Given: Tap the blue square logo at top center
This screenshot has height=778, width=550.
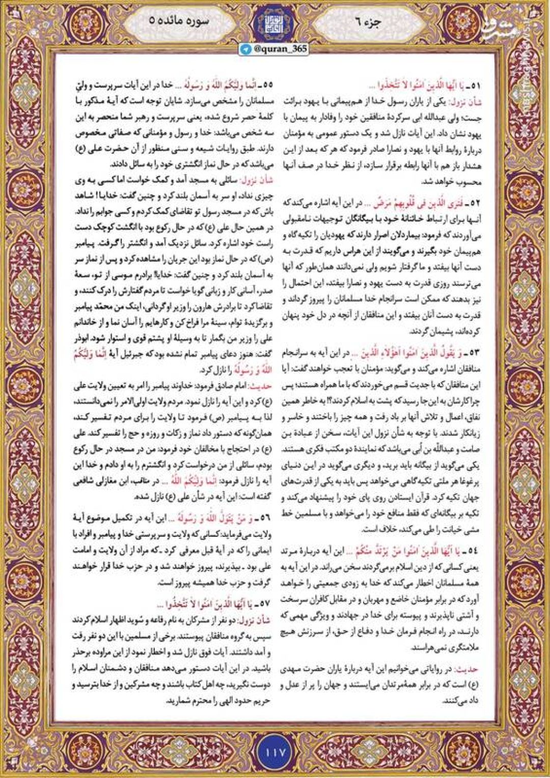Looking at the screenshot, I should [x=275, y=23].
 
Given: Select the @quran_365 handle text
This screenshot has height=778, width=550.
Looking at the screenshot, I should [x=281, y=49].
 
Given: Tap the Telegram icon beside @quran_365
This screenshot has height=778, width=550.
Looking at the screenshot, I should [x=247, y=49].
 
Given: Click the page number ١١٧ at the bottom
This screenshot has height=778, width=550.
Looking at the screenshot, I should [x=275, y=751].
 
